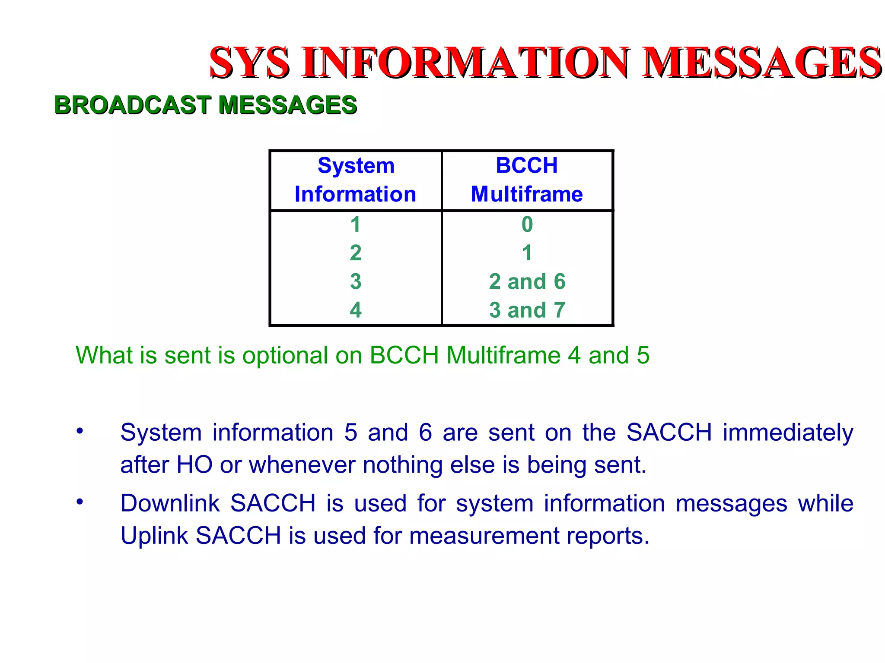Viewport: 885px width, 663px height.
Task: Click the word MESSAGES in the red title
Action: click(x=761, y=63)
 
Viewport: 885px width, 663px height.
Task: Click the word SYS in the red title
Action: click(x=249, y=63)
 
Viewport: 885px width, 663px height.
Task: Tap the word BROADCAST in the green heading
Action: click(x=132, y=105)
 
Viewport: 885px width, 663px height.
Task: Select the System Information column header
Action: click(x=356, y=180)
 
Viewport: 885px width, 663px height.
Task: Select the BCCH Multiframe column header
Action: click(x=527, y=180)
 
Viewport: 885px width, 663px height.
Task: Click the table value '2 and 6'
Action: click(x=527, y=281)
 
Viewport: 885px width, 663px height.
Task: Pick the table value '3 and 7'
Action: click(x=527, y=310)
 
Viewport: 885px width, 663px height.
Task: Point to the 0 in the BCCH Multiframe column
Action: click(x=527, y=224)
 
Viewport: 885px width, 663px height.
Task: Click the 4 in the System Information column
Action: click(x=356, y=310)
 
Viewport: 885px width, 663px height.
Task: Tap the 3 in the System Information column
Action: click(x=356, y=281)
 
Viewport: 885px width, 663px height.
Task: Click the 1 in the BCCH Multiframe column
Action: click(x=527, y=253)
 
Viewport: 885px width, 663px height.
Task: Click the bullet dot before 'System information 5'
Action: click(x=80, y=431)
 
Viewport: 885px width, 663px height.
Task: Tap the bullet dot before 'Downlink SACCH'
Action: click(x=80, y=502)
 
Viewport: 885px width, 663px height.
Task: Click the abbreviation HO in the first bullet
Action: click(x=194, y=465)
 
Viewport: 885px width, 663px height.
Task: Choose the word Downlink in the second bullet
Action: click(x=170, y=503)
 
